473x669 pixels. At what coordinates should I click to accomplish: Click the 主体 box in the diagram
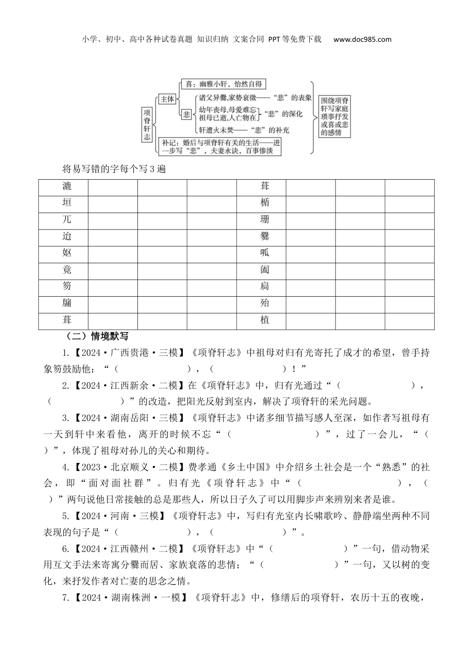click(x=167, y=99)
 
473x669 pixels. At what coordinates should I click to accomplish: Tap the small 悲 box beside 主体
click(x=187, y=114)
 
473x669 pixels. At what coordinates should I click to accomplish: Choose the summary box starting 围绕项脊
click(x=335, y=116)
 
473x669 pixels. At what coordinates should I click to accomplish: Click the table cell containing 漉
click(x=67, y=186)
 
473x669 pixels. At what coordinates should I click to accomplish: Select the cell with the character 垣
click(x=67, y=203)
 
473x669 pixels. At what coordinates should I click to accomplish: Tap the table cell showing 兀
click(x=67, y=220)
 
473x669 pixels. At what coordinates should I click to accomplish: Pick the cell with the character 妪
click(x=67, y=253)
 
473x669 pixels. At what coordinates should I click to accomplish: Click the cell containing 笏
click(x=67, y=286)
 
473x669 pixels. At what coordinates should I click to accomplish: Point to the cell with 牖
click(x=67, y=303)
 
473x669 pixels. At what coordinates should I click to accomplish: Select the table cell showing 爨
click(x=265, y=236)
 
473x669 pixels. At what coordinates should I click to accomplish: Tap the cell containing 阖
click(x=265, y=269)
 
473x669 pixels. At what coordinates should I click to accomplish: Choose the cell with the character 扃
click(x=265, y=286)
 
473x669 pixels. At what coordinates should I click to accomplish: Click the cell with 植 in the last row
click(x=265, y=320)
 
